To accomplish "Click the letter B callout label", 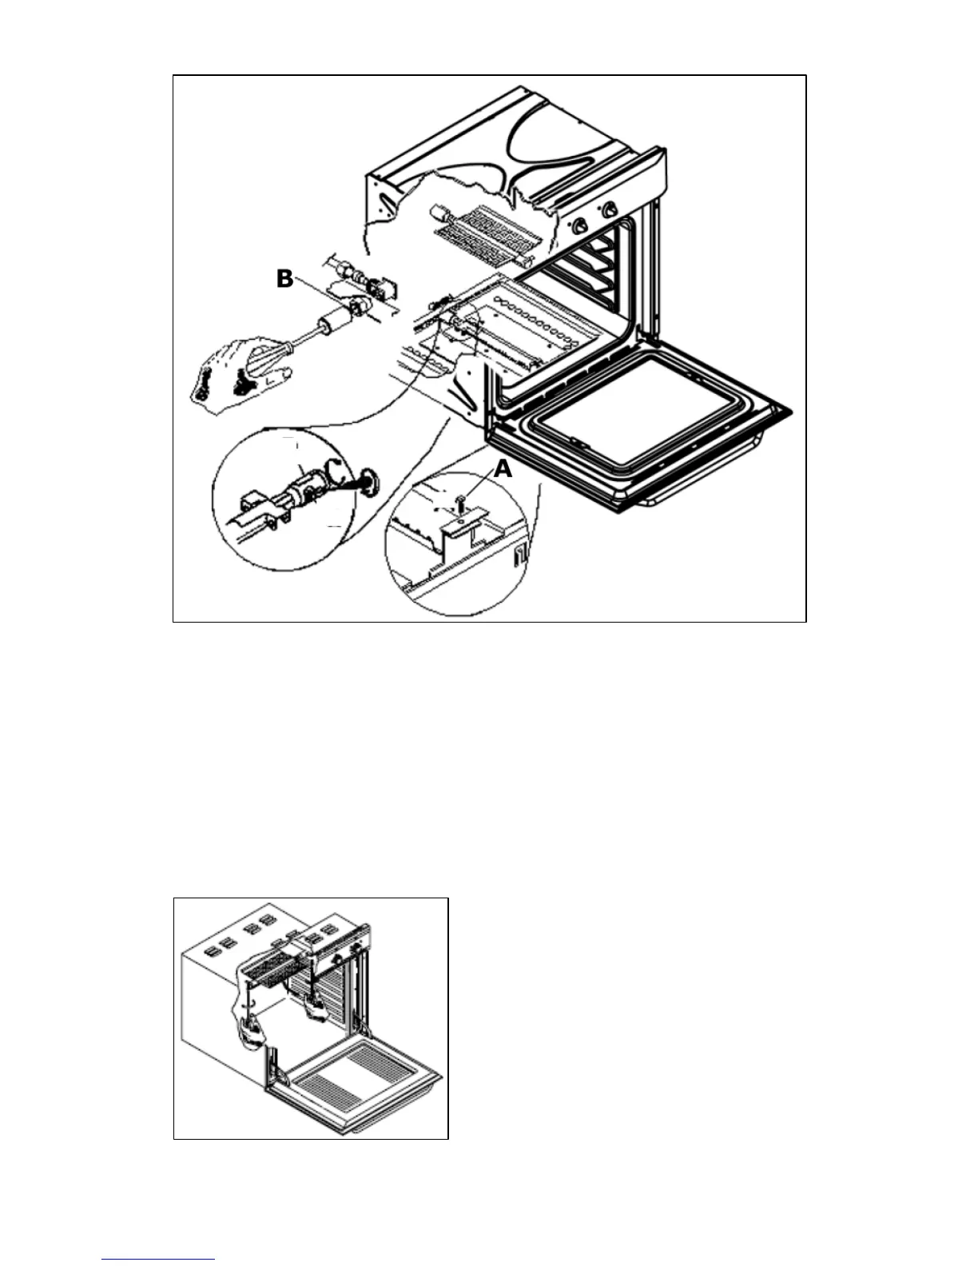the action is pos(284,279).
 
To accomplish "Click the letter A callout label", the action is pos(503,469).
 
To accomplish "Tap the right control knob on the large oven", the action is pos(610,210).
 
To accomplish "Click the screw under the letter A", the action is pos(460,502).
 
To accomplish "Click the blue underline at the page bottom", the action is pos(158,1259).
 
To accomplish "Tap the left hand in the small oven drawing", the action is pos(250,1031).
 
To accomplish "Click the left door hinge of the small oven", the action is pos(274,1068).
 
